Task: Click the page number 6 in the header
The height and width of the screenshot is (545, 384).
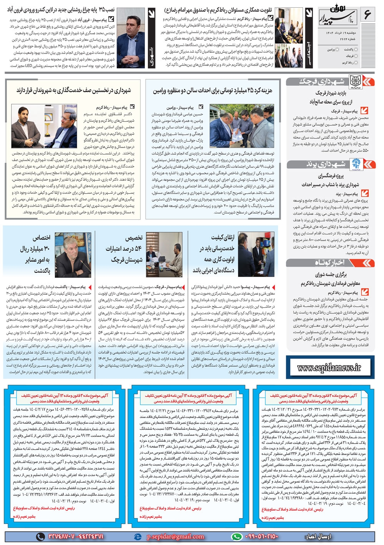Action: tap(367, 16)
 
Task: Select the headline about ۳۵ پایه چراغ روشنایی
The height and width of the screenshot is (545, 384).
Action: tap(61, 9)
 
